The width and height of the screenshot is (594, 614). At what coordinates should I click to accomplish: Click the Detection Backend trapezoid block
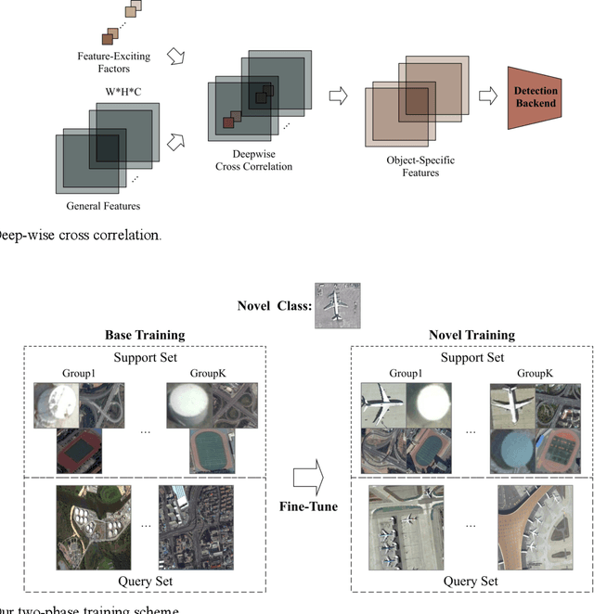pyautogui.click(x=536, y=97)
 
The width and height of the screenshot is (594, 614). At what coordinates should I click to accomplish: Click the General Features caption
pyautogui.click(x=97, y=205)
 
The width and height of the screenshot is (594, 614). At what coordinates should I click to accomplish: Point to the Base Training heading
pyautogui.click(x=145, y=335)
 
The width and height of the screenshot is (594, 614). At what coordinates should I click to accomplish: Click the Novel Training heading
pyautogui.click(x=472, y=335)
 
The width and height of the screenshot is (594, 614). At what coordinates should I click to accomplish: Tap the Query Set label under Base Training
pyautogui.click(x=146, y=581)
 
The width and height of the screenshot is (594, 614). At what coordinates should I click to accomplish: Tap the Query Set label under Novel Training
pyautogui.click(x=472, y=581)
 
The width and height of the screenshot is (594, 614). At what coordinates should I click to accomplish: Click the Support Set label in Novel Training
pyautogui.click(x=472, y=356)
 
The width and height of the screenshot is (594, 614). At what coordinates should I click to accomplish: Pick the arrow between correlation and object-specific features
pyautogui.click(x=339, y=96)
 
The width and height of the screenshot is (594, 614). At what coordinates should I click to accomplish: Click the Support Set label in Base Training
pyautogui.click(x=146, y=356)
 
